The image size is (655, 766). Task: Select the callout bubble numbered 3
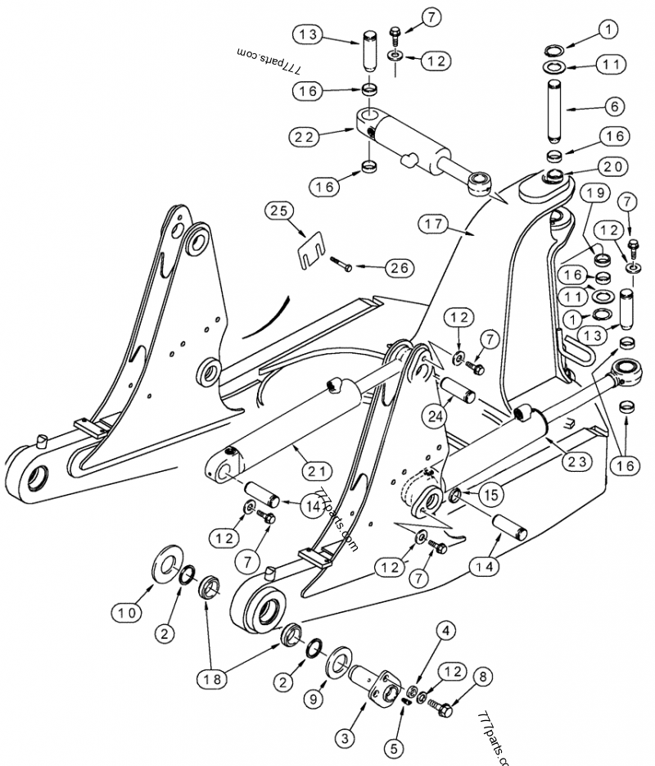[x=346, y=739]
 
